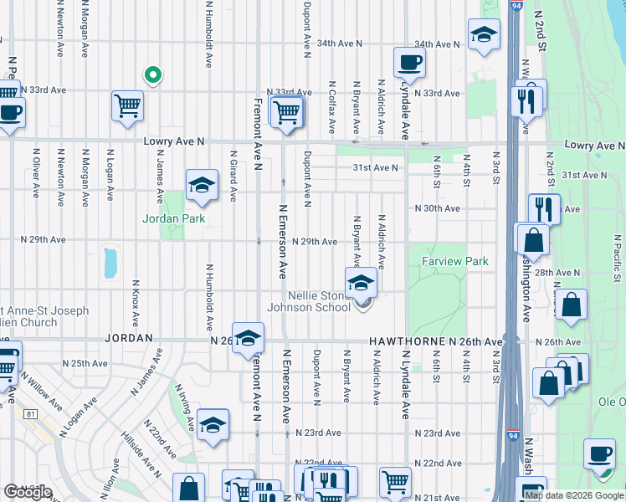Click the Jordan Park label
tap(174, 219)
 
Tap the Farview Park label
tap(455, 262)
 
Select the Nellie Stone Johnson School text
tap(308, 301)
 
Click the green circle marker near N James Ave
tap(152, 76)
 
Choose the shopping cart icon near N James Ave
tap(128, 106)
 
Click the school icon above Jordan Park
tap(202, 186)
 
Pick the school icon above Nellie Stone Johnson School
tap(362, 282)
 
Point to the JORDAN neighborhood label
tap(128, 338)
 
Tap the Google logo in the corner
tap(28, 492)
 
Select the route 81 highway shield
tap(31, 413)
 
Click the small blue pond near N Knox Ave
tap(110, 263)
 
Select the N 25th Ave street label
tap(89, 364)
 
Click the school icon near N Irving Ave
tap(213, 425)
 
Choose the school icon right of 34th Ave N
tap(484, 35)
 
